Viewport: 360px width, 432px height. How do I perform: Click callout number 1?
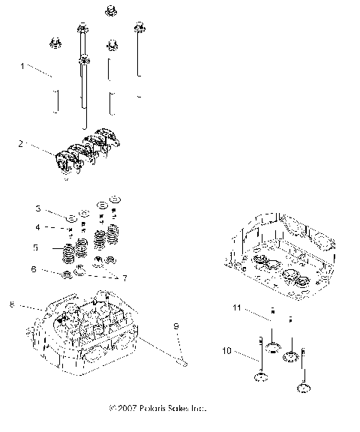pos(23,66)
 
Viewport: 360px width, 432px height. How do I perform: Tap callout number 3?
pos(58,208)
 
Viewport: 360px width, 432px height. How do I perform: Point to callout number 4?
pos(58,227)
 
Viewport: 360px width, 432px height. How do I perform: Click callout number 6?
pos(54,268)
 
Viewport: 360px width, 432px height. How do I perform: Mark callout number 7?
pos(124,277)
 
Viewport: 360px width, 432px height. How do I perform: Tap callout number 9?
pos(175,326)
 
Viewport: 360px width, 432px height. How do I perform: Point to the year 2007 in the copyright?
pos(127,409)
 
